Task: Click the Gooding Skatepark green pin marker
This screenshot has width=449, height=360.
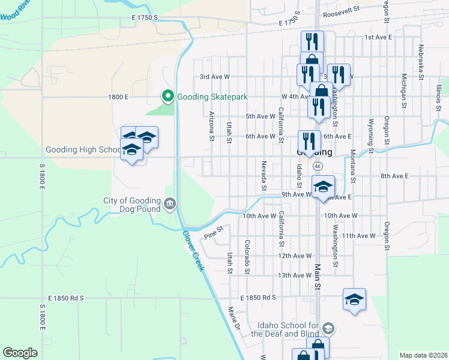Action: pos(167,96)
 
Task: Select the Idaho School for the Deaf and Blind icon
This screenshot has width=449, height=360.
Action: pos(328,328)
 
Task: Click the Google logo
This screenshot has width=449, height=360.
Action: pos(20,353)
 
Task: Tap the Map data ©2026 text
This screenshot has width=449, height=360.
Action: pos(423,355)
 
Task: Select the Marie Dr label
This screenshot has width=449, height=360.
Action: pos(234,319)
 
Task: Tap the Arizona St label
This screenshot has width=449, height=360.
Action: pos(211,127)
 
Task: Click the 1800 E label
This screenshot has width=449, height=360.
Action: pos(118,97)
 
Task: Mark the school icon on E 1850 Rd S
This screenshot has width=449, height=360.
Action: pos(355,299)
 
